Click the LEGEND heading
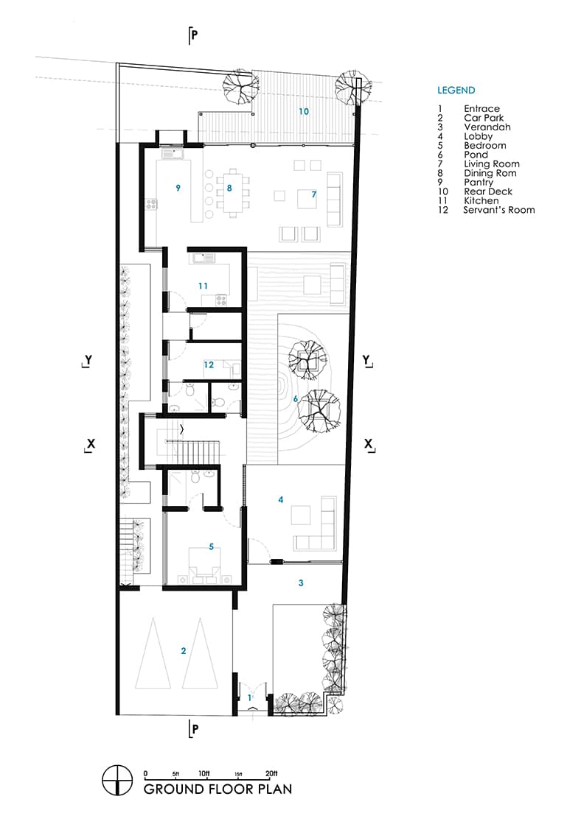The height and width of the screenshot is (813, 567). (456, 91)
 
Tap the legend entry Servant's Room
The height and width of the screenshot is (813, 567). (498, 210)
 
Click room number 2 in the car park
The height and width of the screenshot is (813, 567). (184, 650)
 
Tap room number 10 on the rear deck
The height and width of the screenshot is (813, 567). (304, 112)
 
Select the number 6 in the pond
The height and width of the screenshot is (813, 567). (296, 399)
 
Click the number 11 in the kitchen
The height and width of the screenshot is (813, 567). (203, 286)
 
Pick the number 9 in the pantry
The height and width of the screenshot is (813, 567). (178, 188)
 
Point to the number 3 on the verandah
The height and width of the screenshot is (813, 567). (301, 583)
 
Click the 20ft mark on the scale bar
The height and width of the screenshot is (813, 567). (272, 773)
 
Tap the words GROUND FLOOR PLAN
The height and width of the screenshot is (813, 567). (218, 789)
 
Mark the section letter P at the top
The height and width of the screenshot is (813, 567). (195, 34)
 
